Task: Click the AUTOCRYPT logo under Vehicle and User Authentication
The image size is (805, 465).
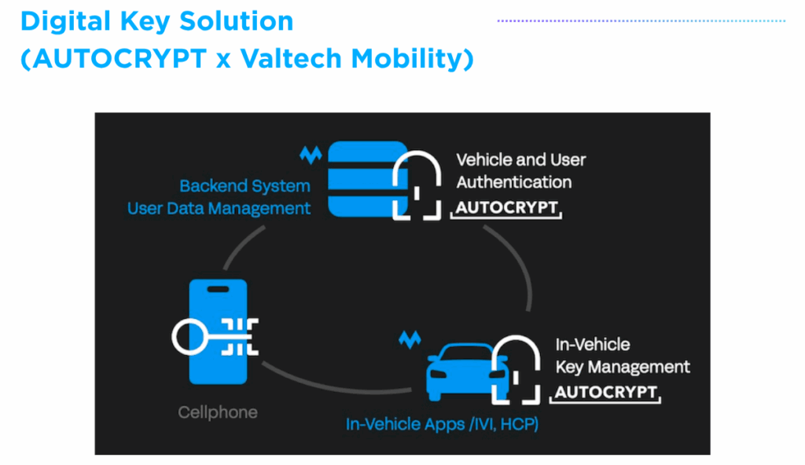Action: pyautogui.click(x=507, y=209)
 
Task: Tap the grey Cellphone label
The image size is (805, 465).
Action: pyautogui.click(x=218, y=412)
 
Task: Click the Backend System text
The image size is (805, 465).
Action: pyautogui.click(x=244, y=186)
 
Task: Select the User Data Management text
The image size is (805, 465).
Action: pyautogui.click(x=219, y=208)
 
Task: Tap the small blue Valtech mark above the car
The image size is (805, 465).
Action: pyautogui.click(x=410, y=340)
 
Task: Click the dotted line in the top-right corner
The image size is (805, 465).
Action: pyautogui.click(x=641, y=21)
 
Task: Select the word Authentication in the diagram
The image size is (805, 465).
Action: pyautogui.click(x=514, y=182)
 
